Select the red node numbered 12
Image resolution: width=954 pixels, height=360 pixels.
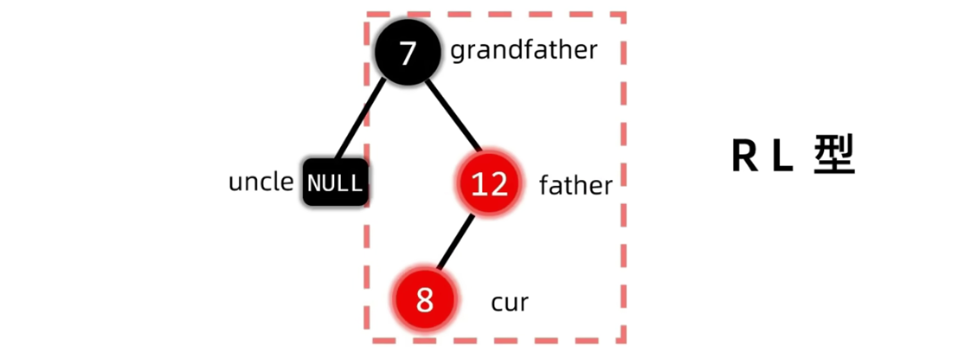pos(490,184)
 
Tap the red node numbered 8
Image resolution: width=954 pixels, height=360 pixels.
pos(424,300)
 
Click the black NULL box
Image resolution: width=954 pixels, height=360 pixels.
pos(335,183)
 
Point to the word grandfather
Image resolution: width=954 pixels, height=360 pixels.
pos(524,50)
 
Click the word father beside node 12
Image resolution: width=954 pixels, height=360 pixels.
pos(575,186)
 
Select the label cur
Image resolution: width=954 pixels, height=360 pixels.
pos(510,302)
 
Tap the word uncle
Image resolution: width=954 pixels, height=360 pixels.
pos(261,183)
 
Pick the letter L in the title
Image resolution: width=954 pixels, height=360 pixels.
pos(781,156)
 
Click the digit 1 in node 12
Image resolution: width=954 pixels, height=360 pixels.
pos(479,184)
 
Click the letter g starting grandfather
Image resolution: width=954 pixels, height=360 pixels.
pos(456,52)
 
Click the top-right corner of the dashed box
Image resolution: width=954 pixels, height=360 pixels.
pos(624,14)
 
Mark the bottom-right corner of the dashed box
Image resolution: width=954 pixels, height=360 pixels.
pos(624,340)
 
